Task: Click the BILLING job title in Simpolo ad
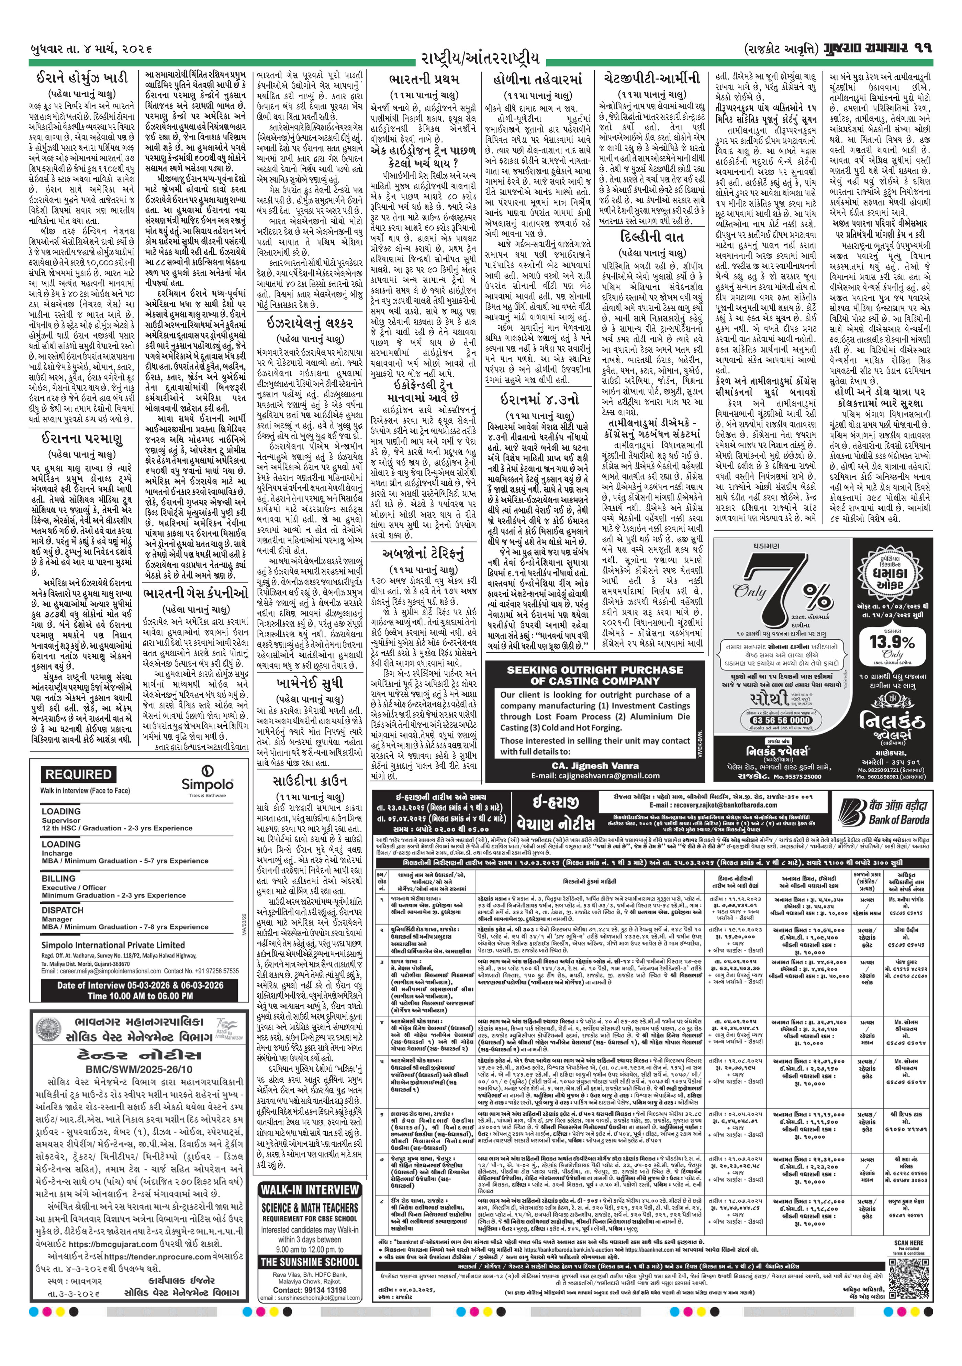pyautogui.click(x=58, y=878)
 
